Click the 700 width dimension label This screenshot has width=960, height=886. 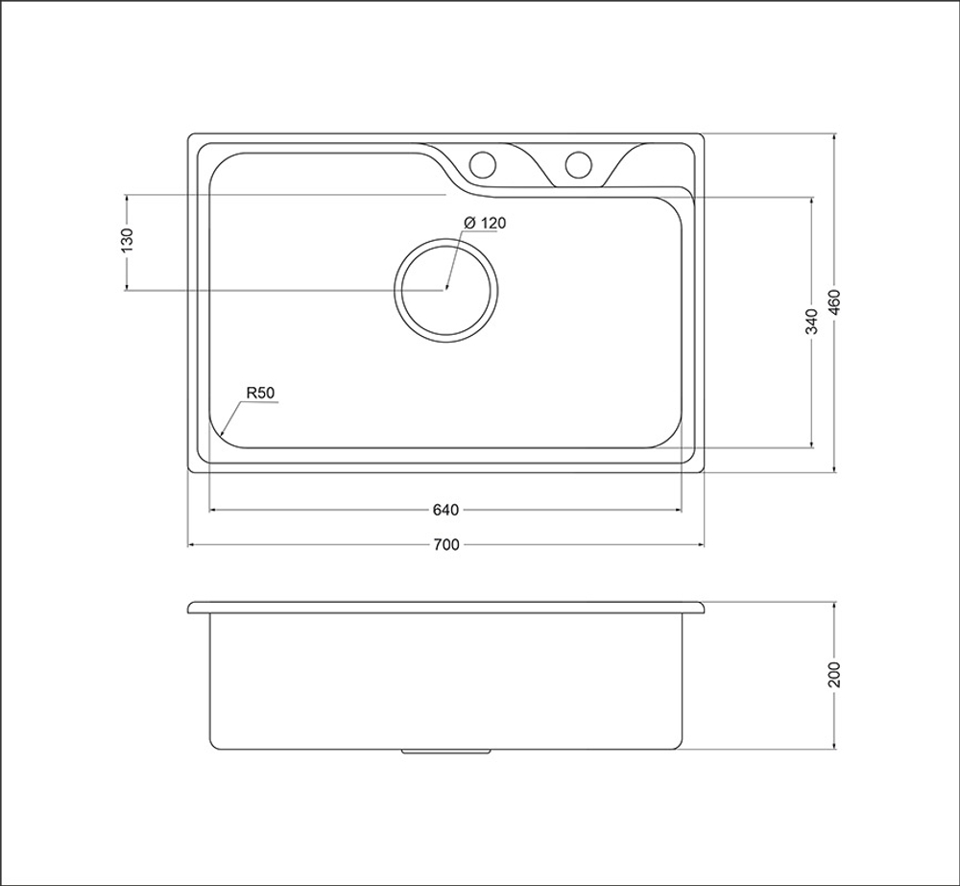[445, 544]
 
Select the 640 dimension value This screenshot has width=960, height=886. [445, 510]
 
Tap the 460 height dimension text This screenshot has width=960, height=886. [834, 302]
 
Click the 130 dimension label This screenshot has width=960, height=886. [127, 241]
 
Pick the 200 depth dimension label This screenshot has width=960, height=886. [834, 675]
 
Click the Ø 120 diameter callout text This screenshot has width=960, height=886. [485, 223]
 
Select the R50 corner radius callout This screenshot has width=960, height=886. [259, 394]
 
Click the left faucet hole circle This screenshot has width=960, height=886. [482, 163]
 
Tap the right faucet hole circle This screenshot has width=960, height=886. [579, 163]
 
